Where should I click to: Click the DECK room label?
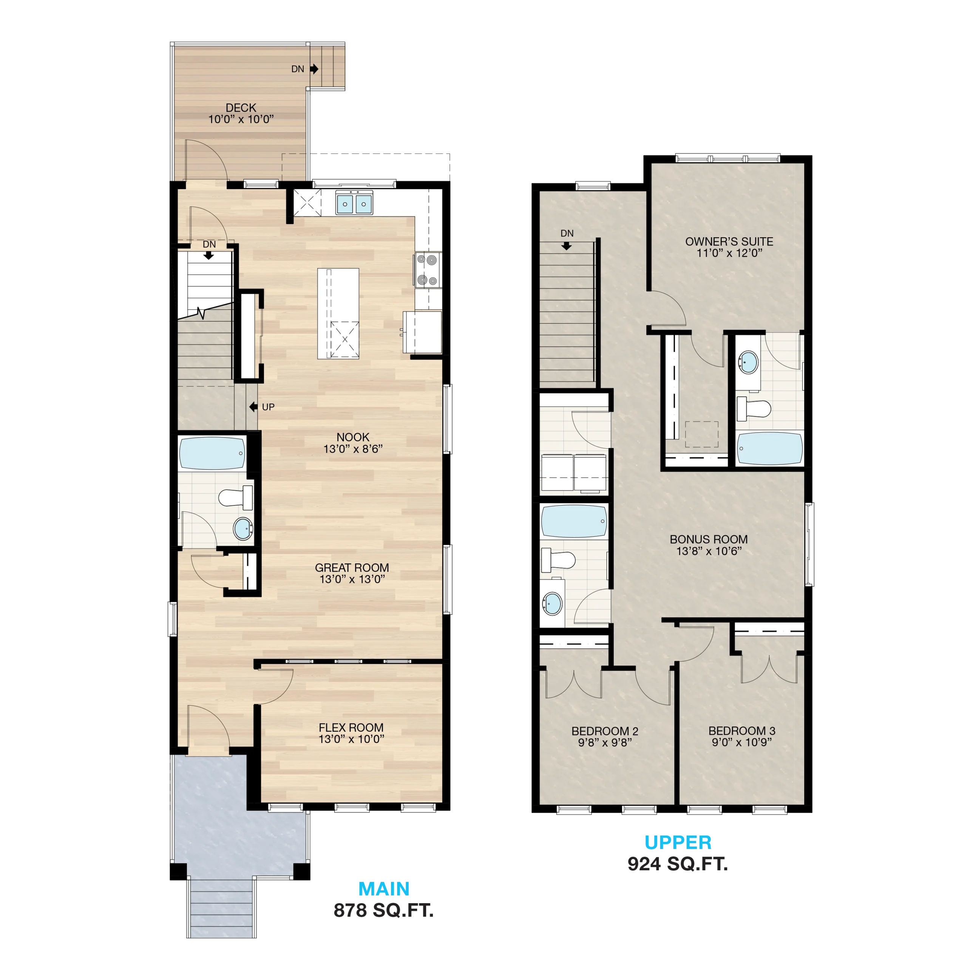(241, 108)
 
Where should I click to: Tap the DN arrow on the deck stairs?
(314, 69)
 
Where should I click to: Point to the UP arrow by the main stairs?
(253, 407)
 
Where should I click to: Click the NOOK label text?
(353, 437)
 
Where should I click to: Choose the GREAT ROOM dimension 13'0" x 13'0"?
(352, 579)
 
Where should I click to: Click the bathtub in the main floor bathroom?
(212, 453)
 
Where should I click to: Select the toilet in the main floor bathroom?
(236, 497)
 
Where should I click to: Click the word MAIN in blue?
(384, 888)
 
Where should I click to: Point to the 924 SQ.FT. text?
(678, 864)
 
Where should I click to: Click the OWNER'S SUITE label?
(729, 241)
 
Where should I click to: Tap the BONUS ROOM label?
(709, 539)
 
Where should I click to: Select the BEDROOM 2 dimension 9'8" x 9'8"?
(605, 743)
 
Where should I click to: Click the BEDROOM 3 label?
(742, 731)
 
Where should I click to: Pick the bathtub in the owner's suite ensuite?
(770, 448)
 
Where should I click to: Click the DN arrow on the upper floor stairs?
(567, 246)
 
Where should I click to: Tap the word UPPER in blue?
(678, 842)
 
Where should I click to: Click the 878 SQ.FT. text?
(383, 910)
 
